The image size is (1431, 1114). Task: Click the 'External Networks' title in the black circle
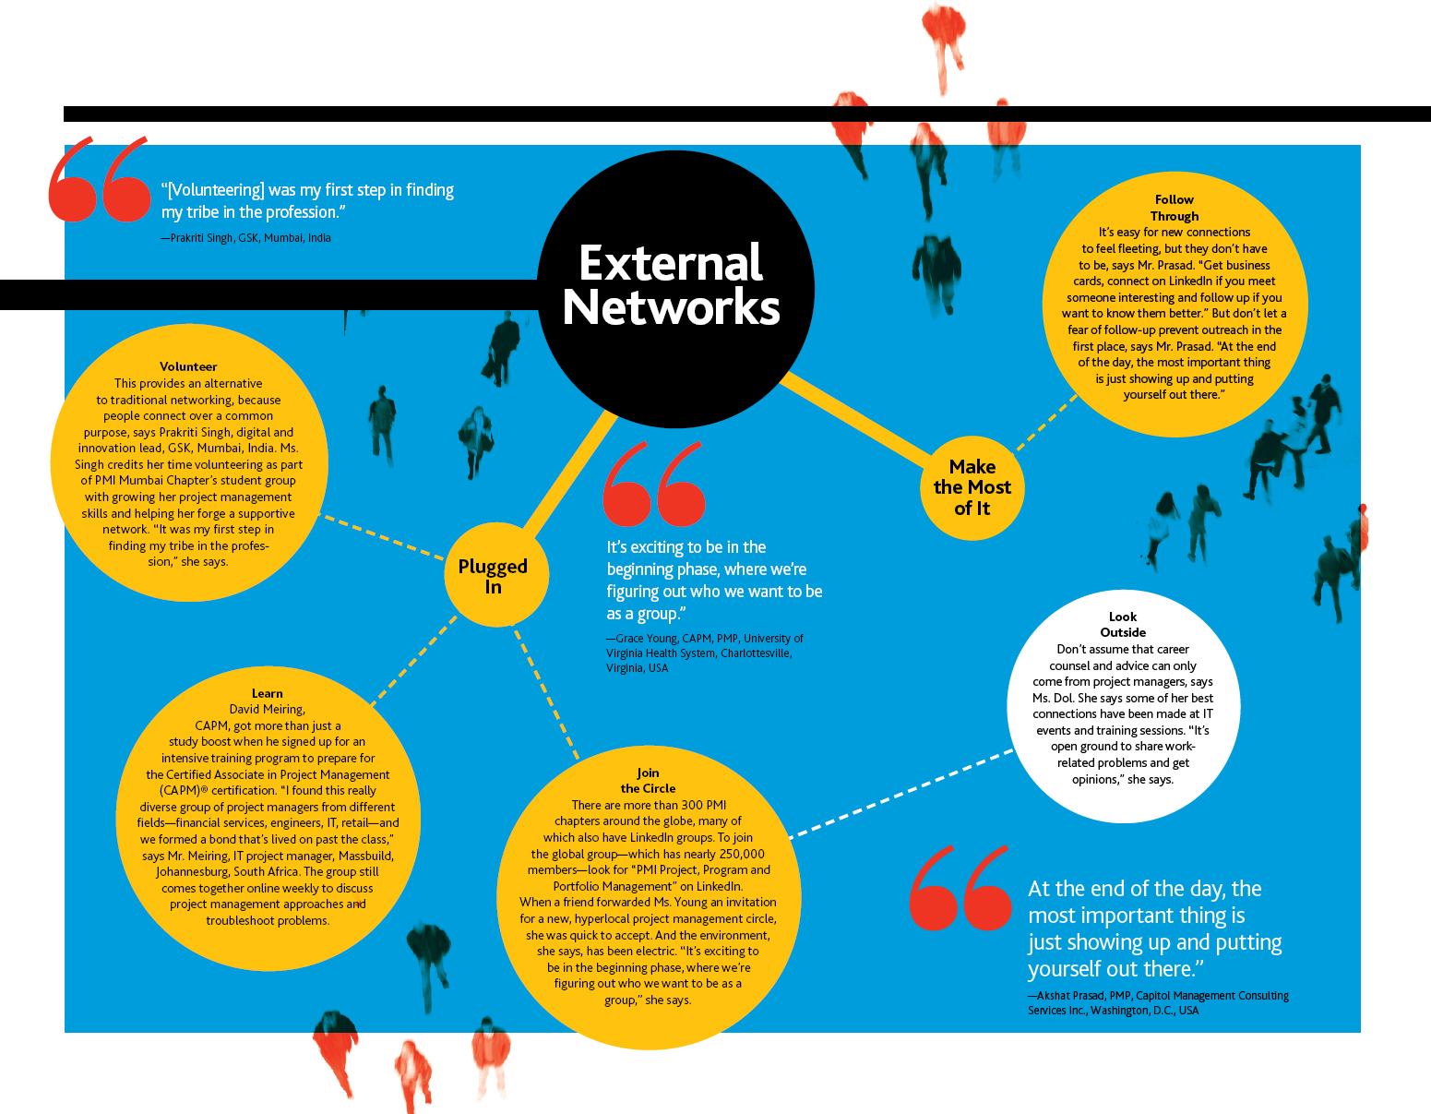tap(671, 284)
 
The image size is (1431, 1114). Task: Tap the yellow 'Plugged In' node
tap(495, 574)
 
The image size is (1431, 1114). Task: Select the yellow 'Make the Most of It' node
tap(972, 487)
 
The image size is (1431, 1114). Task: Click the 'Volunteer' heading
tap(188, 367)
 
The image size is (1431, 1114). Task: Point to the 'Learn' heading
tap(268, 693)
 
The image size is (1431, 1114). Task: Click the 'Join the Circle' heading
tap(648, 781)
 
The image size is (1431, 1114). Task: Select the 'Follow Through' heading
tap(1175, 208)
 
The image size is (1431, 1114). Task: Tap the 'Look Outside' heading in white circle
tap(1123, 625)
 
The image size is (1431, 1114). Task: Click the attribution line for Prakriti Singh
tap(245, 238)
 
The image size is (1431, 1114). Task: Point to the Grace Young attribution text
tap(705, 653)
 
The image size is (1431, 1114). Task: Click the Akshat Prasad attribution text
tap(1158, 1002)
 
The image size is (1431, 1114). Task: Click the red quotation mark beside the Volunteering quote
tap(100, 178)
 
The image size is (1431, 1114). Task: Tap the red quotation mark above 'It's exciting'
tap(654, 484)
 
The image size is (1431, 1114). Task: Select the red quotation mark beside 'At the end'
tap(960, 887)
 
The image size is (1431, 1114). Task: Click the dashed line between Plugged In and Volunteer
tap(382, 537)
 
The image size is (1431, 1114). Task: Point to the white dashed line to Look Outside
tap(901, 794)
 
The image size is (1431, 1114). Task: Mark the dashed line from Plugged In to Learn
tap(414, 661)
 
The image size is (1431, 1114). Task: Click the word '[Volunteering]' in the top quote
tap(215, 190)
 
